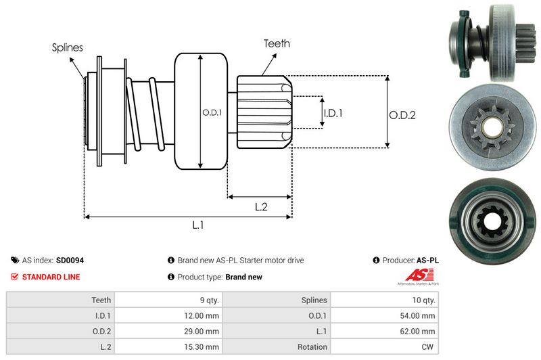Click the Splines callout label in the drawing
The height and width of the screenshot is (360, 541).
[68, 47]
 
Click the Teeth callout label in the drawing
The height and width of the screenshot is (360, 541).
[277, 43]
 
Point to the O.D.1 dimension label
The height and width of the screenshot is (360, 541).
[212, 112]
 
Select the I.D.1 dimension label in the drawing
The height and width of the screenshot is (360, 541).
[333, 113]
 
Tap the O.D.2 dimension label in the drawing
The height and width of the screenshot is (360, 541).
[402, 115]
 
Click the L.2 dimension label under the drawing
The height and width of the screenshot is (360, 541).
[262, 207]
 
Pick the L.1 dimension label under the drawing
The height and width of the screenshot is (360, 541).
[198, 226]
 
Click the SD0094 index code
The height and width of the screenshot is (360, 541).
[70, 260]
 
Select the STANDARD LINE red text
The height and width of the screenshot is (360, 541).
[51, 277]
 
